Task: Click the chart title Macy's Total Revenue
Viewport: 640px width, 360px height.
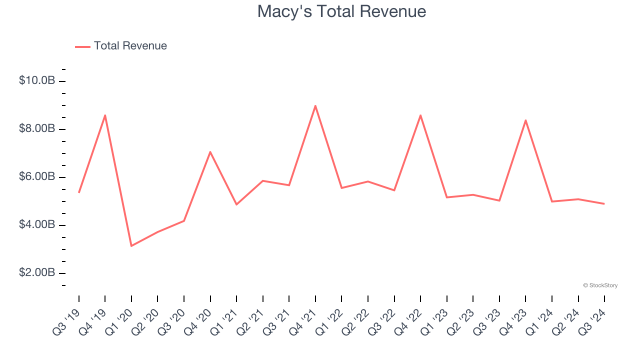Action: (341, 11)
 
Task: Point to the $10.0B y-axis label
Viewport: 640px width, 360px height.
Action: (37, 80)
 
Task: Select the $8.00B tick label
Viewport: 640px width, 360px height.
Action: (37, 128)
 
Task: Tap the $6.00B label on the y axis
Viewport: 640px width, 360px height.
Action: (37, 176)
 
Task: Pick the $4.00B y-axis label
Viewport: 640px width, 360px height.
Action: (37, 224)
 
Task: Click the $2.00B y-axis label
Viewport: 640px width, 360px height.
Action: (37, 272)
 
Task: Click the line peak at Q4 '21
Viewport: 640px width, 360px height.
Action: (315, 106)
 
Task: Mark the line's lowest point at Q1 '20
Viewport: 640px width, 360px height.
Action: (131, 246)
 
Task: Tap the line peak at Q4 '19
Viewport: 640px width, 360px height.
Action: (105, 115)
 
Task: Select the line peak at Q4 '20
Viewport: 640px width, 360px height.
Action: (210, 151)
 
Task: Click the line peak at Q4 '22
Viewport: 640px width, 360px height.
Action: (420, 115)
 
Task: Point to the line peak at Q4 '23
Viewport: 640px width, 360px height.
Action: (525, 120)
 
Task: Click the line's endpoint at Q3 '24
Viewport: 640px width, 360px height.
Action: (604, 203)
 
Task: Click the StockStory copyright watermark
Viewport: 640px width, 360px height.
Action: (600, 285)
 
